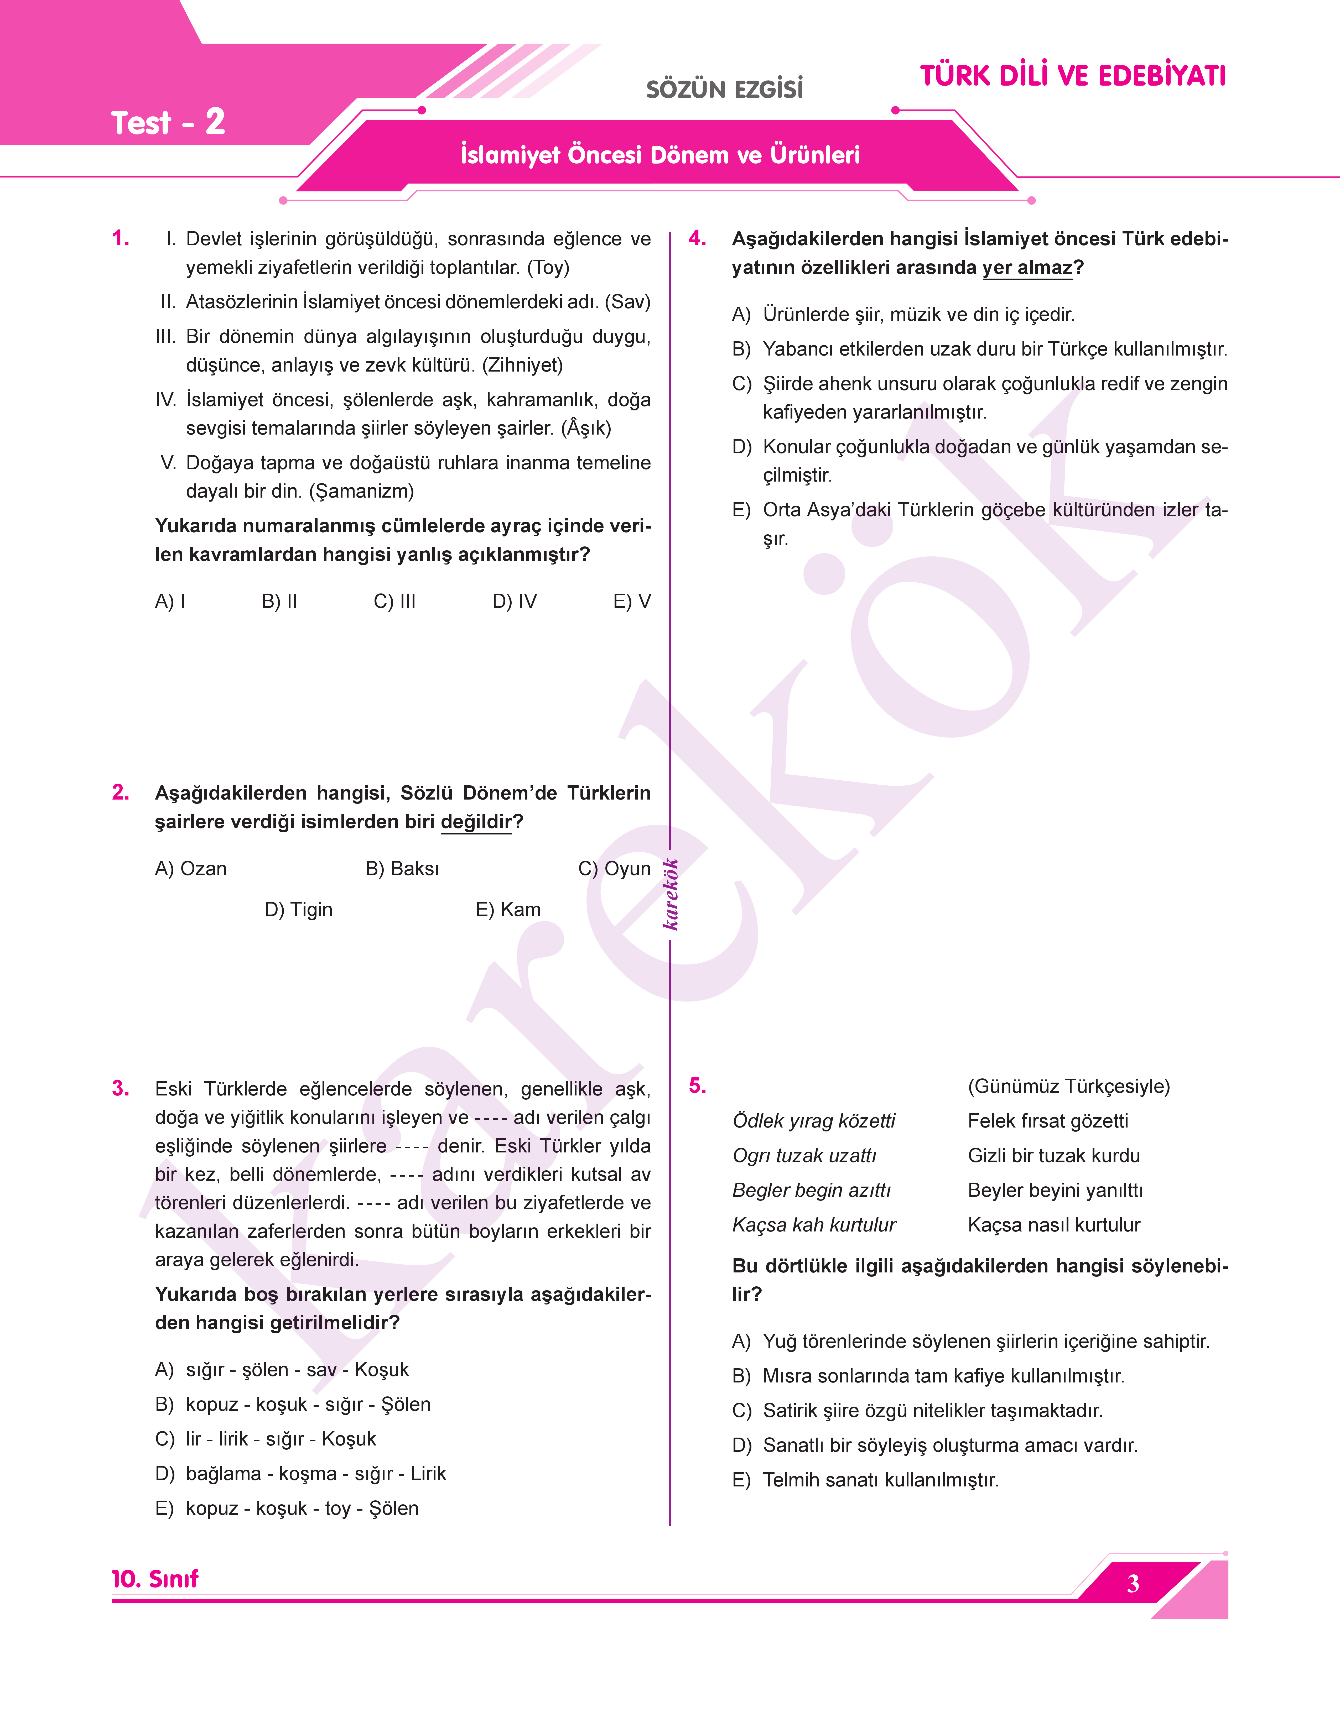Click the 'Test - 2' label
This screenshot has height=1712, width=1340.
pos(168,123)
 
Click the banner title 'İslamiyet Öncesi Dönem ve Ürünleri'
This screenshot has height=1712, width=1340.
pos(660,154)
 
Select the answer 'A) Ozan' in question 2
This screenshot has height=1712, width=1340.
pos(191,869)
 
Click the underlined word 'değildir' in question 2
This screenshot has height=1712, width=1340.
pos(475,822)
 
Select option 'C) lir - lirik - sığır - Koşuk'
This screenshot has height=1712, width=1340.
pos(266,1439)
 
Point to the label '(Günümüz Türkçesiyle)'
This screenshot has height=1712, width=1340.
pos(1068,1086)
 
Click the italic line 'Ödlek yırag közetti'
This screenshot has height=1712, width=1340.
pos(814,1121)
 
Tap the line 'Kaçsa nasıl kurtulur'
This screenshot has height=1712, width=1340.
pos(1054,1225)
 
